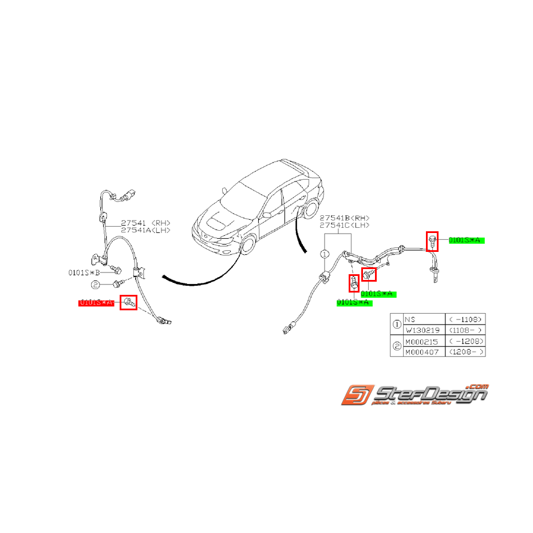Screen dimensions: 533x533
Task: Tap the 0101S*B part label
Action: [x=85, y=273]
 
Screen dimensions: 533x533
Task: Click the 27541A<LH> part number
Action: [x=145, y=230]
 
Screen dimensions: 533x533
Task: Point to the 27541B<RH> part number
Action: [x=345, y=218]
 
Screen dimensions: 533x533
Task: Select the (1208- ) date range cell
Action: [x=465, y=352]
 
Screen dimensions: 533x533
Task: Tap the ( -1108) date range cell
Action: [x=465, y=319]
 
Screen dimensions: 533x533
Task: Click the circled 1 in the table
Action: [x=397, y=325]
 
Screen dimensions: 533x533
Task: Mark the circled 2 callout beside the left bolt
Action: [x=96, y=284]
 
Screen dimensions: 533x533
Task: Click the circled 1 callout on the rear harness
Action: [x=324, y=253]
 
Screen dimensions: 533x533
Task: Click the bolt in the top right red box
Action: [x=432, y=240]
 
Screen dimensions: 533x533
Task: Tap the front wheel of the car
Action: [x=247, y=245]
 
